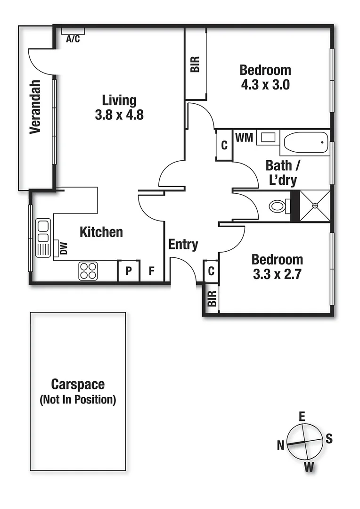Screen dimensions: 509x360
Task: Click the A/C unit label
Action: [x=73, y=39]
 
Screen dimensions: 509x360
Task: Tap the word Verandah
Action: [x=35, y=107]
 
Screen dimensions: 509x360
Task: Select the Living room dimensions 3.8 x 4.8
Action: [x=119, y=115]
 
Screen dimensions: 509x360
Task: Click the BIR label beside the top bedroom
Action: [x=195, y=64]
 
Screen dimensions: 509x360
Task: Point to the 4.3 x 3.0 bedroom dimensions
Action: [x=265, y=85]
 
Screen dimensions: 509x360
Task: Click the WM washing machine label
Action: [x=244, y=138]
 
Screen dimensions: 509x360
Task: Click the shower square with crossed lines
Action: [x=315, y=205]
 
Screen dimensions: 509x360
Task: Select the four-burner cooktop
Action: [x=88, y=271]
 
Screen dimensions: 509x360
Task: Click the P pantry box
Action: [x=128, y=271]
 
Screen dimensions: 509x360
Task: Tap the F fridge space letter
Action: [x=151, y=271]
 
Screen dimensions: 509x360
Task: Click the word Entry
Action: [x=183, y=245]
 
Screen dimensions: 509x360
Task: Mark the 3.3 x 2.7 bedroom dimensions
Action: [x=277, y=275]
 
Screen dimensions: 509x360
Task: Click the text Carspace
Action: [x=78, y=385]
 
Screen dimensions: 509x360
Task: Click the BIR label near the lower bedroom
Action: [x=212, y=298]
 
